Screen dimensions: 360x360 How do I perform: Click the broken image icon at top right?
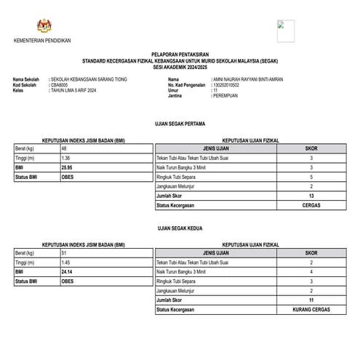pyautogui.click(x=285, y=31)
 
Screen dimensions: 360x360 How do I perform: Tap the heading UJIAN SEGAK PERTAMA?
pyautogui.click(x=179, y=123)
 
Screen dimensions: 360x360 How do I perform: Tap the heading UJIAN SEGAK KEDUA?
pyautogui.click(x=179, y=228)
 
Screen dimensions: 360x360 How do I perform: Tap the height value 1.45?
pyautogui.click(x=66, y=262)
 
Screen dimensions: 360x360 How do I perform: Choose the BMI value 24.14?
pyautogui.click(x=68, y=271)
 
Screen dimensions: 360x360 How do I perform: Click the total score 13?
pyautogui.click(x=311, y=196)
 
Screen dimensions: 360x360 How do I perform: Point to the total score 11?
pyautogui.click(x=311, y=300)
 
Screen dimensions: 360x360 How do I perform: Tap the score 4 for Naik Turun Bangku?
pyautogui.click(x=311, y=271)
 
